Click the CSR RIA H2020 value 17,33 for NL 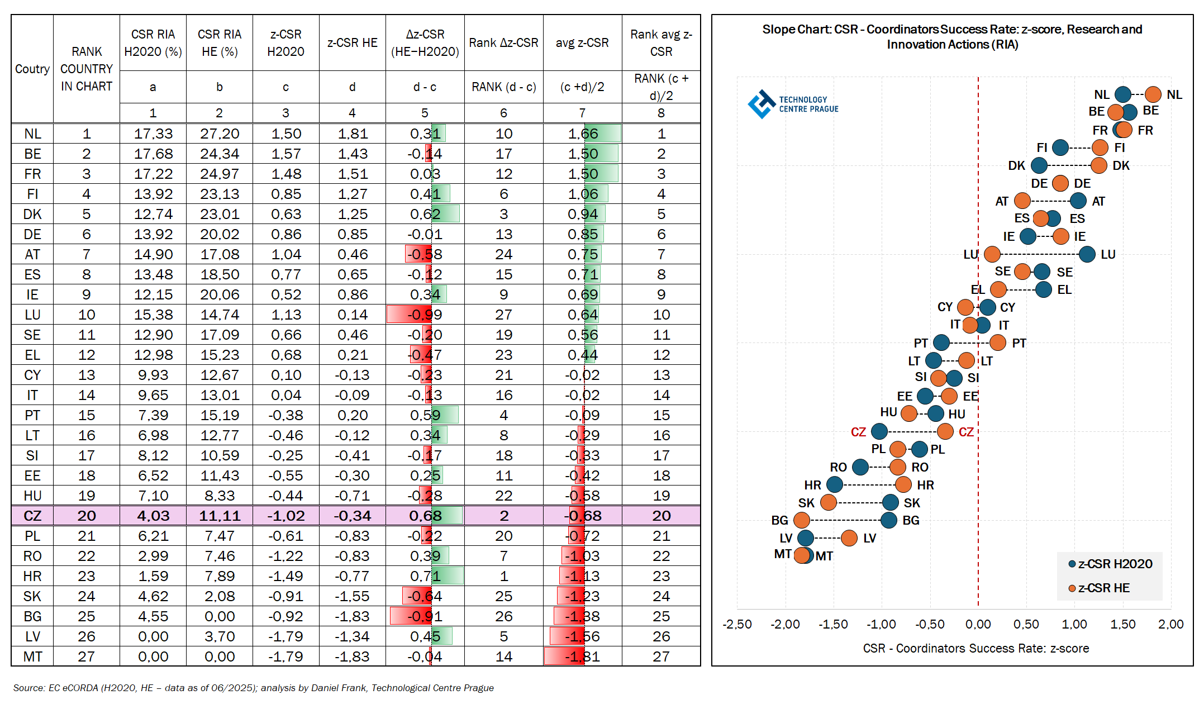pos(153,134)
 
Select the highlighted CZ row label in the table pos(32,516)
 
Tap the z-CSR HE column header pos(352,43)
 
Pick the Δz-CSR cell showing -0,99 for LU pos(425,315)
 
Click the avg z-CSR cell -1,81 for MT pos(583,656)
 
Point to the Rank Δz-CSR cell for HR pos(503,576)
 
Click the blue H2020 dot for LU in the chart pos(1087,254)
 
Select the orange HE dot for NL pos(1153,94)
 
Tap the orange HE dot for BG pos(802,520)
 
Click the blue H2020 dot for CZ pos(879,431)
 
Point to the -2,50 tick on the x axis pos(737,625)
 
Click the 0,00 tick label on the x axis pos(978,625)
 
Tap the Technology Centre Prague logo pos(793,104)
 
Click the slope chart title pos(952,37)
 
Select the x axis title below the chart pos(975,649)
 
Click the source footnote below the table pos(253,688)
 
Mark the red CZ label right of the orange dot pos(966,432)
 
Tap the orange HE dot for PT pos(998,342)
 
